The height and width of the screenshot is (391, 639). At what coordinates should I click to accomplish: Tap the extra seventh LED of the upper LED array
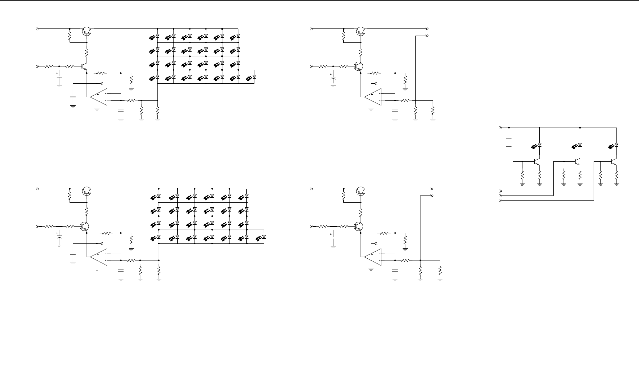[254, 77]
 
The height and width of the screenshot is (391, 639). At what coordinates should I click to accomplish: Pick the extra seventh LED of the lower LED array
[264, 237]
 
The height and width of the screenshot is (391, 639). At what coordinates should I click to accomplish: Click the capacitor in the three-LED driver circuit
[509, 138]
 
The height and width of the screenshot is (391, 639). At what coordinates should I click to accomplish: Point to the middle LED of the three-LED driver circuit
[580, 145]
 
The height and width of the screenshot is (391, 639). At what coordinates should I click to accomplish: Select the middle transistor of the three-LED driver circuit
[577, 162]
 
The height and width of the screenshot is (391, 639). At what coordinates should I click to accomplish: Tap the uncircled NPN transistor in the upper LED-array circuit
[84, 66]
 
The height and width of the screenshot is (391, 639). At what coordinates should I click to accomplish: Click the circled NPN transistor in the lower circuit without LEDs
[359, 227]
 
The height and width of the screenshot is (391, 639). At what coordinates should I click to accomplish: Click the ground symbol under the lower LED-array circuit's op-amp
[97, 270]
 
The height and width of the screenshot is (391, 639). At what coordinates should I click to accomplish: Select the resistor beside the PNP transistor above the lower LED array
[70, 196]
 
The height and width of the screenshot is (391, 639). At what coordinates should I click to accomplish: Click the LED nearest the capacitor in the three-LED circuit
[539, 145]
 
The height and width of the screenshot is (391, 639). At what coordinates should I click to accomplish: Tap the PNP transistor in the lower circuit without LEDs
[361, 191]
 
